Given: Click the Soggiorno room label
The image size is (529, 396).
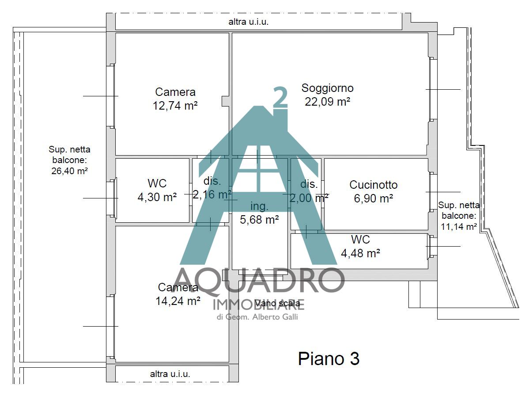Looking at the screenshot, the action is (x=327, y=88).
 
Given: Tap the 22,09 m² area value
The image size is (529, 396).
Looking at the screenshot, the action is (x=327, y=101).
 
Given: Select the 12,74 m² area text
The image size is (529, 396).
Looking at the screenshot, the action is (x=175, y=106).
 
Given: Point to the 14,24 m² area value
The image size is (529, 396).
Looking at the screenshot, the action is (x=178, y=301).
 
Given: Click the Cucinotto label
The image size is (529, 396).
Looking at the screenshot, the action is (x=374, y=185).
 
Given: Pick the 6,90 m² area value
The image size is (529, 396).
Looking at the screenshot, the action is (x=374, y=198).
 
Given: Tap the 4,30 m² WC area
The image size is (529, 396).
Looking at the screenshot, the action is (x=157, y=197).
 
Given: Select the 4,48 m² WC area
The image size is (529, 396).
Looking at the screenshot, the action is (x=361, y=253).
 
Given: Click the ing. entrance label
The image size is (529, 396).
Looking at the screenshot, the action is (x=259, y=206).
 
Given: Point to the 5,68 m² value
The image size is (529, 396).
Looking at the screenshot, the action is (x=259, y=220).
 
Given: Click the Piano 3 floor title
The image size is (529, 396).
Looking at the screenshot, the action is (x=329, y=358).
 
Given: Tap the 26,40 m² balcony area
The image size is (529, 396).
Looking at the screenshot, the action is (x=69, y=171).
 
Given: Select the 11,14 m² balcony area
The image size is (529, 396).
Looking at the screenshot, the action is (x=459, y=227).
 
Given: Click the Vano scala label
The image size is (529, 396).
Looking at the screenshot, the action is (x=277, y=303).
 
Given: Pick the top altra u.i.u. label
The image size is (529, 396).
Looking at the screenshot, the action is (x=248, y=22).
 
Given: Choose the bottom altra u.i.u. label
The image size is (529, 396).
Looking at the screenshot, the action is (x=170, y=374).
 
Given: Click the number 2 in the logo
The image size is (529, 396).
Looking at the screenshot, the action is (x=280, y=97).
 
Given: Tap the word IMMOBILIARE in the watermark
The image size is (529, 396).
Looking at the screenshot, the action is (x=259, y=304).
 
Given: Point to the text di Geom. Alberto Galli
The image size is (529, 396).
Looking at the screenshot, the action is (x=257, y=317).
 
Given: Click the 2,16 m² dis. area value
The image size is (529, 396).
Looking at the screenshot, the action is (x=212, y=194).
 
